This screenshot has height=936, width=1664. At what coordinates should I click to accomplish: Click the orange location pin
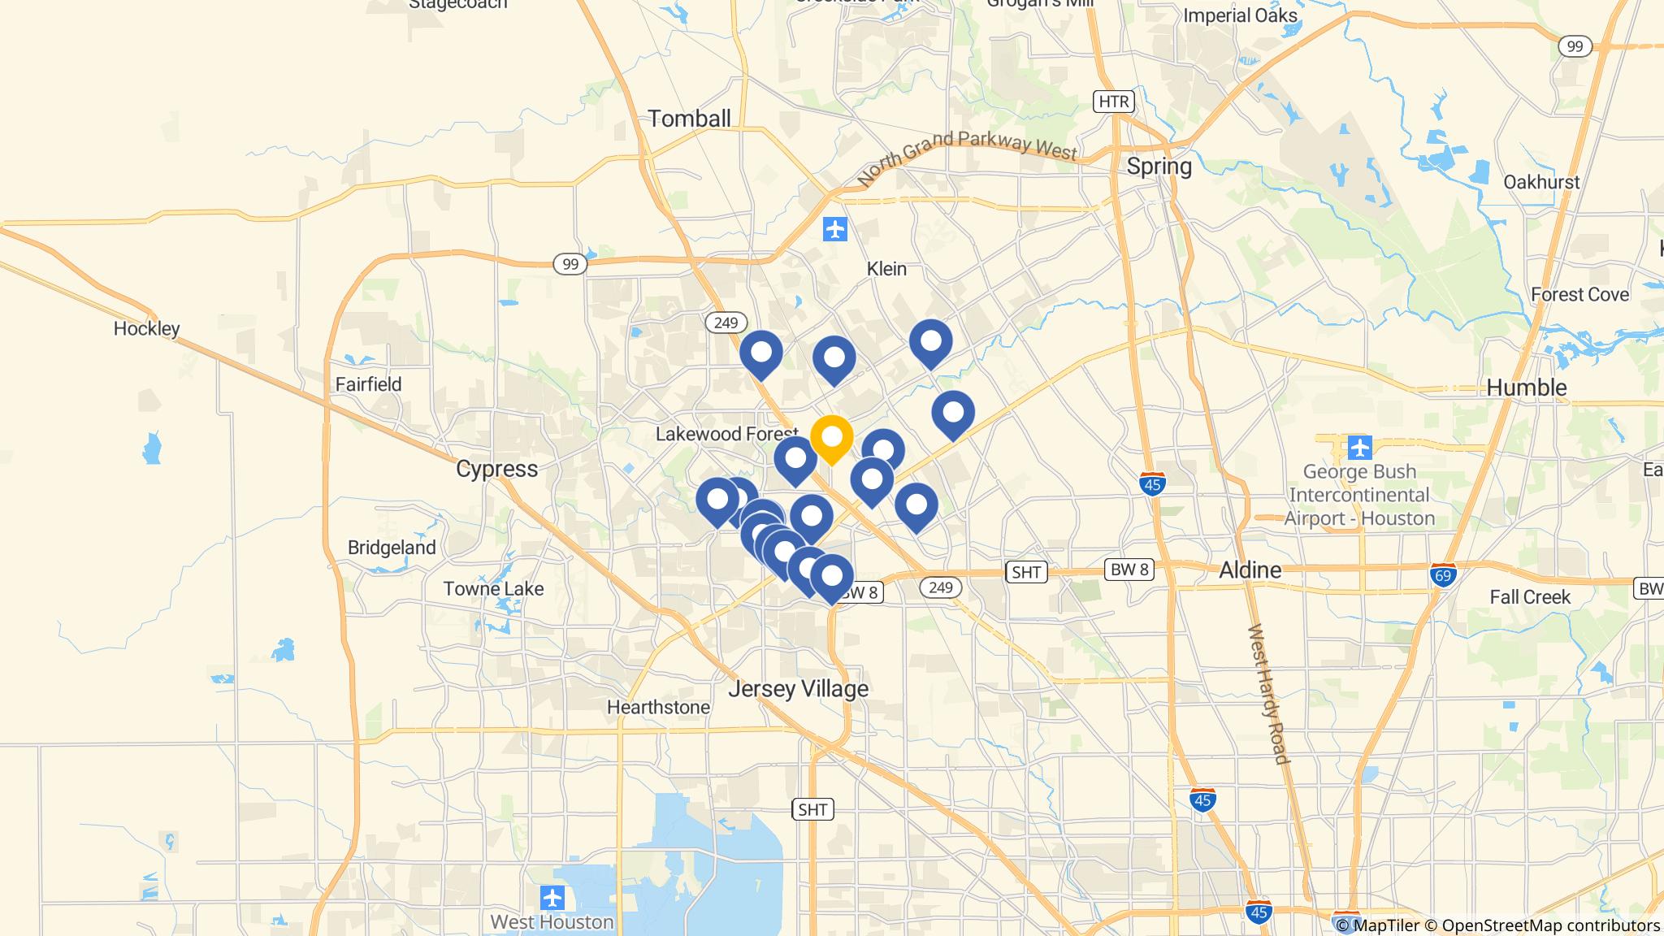pyautogui.click(x=831, y=439)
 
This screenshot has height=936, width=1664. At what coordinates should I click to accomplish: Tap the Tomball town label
pyautogui.click(x=689, y=119)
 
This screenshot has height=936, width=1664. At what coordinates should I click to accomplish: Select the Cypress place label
pyautogui.click(x=496, y=469)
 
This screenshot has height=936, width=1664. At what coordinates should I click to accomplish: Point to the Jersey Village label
pyautogui.click(x=798, y=689)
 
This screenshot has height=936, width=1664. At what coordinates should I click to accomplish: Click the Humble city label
pyautogui.click(x=1526, y=388)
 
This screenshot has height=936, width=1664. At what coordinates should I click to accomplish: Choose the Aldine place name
pyautogui.click(x=1250, y=570)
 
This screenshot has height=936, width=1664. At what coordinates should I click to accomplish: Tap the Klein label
pyautogui.click(x=886, y=269)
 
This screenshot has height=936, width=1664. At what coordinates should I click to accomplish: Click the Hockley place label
pyautogui.click(x=146, y=329)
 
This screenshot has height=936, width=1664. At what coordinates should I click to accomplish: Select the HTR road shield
pyautogui.click(x=1112, y=102)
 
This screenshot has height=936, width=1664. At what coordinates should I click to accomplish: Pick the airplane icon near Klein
pyautogui.click(x=834, y=229)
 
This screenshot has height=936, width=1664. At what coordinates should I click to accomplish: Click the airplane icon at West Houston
pyautogui.click(x=552, y=899)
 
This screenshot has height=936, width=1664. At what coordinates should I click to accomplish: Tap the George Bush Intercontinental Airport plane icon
pyautogui.click(x=1359, y=447)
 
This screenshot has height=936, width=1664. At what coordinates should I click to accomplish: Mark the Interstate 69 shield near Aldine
pyautogui.click(x=1443, y=574)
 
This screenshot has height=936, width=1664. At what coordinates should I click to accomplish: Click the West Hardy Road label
pyautogui.click(x=1268, y=694)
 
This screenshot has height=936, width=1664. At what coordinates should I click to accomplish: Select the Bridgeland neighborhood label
pyautogui.click(x=392, y=548)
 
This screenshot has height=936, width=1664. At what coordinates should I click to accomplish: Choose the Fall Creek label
pyautogui.click(x=1530, y=597)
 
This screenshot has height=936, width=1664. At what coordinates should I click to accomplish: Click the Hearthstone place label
pyautogui.click(x=658, y=708)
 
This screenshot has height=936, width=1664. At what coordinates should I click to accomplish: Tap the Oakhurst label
pyautogui.click(x=1541, y=182)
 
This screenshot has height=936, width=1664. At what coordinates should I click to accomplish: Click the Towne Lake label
pyautogui.click(x=493, y=589)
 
